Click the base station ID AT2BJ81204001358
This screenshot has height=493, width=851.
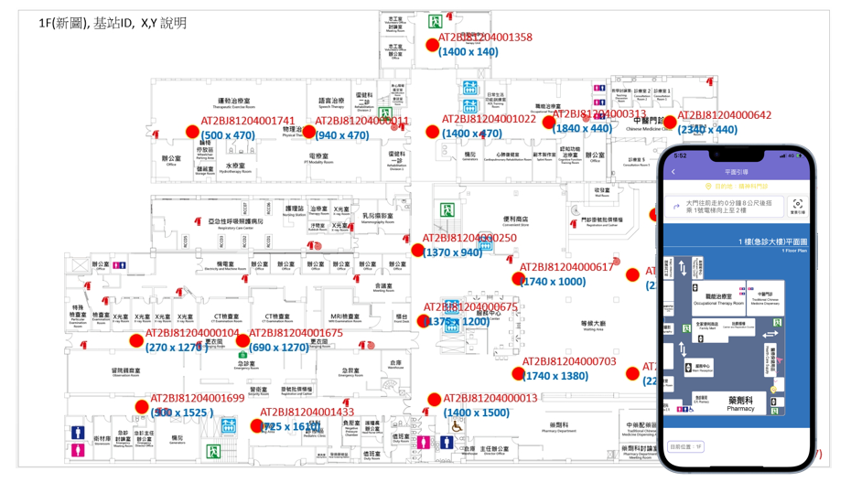(x=485, y=38)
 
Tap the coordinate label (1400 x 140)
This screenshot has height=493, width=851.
(x=469, y=52)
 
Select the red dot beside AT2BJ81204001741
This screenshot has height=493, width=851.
(x=192, y=132)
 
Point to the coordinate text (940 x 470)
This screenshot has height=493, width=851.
(x=342, y=135)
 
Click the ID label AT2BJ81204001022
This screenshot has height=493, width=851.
(x=489, y=119)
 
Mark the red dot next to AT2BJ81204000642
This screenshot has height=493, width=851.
(x=670, y=122)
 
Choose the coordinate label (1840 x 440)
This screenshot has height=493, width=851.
(x=583, y=128)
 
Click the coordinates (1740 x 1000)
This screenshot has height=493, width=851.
(x=553, y=282)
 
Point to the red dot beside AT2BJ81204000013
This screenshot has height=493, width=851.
(x=435, y=400)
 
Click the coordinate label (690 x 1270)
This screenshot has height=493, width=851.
(x=279, y=348)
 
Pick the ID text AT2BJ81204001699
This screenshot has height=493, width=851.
(x=198, y=398)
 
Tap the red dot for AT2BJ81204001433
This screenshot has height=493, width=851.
(x=256, y=425)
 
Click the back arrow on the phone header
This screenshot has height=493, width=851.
(x=674, y=171)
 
